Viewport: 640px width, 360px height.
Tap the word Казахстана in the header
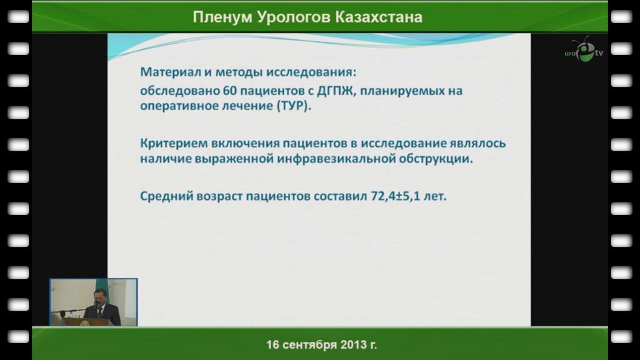point(379,17)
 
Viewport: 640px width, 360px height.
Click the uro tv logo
point(584,50)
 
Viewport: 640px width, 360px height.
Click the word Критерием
point(174,144)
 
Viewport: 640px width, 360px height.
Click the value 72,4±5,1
point(396,196)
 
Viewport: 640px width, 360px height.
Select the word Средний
point(166,197)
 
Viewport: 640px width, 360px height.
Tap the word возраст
point(219,197)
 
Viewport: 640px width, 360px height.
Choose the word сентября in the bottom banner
point(309,345)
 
